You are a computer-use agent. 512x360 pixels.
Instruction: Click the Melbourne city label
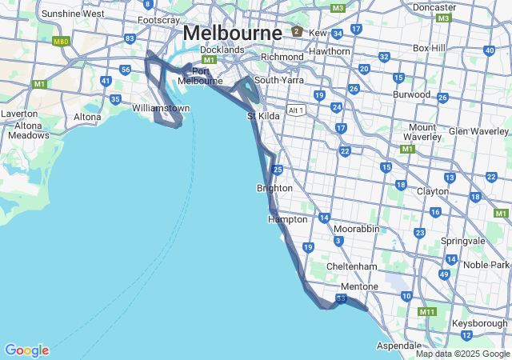[232, 34]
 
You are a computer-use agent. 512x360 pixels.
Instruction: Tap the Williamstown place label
[161, 107]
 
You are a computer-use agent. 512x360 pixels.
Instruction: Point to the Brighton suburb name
[274, 188]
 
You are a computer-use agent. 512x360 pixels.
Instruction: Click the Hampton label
[288, 219]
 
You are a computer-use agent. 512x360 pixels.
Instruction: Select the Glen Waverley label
[478, 131]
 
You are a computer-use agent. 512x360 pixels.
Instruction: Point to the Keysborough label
[479, 321]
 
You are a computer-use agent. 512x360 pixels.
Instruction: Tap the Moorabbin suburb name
[356, 229]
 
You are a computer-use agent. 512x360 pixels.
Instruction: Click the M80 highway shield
[60, 41]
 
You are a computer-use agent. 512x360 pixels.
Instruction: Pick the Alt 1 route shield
[296, 110]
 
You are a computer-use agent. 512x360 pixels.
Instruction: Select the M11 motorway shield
[427, 312]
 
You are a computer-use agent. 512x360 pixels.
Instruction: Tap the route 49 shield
[444, 274]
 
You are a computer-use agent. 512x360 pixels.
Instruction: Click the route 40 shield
[489, 50]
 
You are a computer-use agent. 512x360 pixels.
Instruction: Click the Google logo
[26, 350]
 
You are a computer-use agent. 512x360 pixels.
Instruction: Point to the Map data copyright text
[462, 354]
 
